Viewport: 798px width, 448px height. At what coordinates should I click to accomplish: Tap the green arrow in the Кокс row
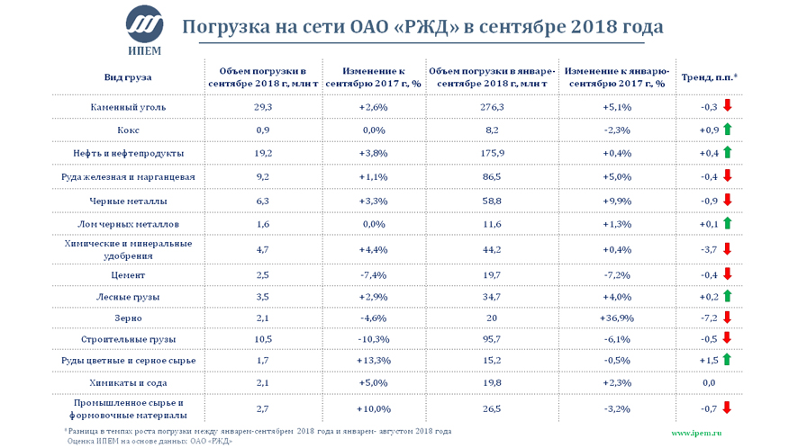pyautogui.click(x=726, y=130)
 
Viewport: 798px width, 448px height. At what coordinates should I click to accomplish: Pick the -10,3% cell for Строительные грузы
pyautogui.click(x=373, y=339)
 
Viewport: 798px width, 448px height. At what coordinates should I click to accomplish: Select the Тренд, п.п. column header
pyautogui.click(x=709, y=77)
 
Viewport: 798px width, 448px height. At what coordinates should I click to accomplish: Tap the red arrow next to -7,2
pyautogui.click(x=726, y=317)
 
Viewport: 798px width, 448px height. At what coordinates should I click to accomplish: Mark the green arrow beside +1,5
pyautogui.click(x=726, y=361)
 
